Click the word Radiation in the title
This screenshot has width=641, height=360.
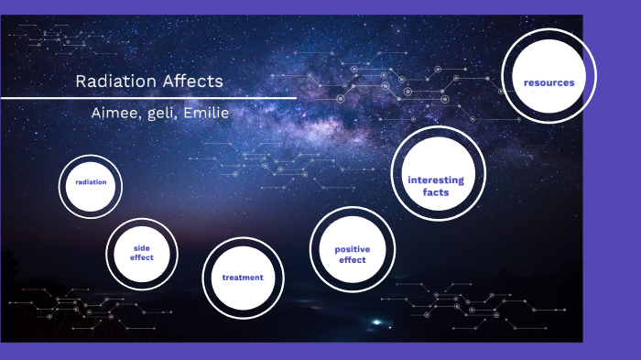point(114,82)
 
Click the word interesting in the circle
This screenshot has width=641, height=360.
point(436,180)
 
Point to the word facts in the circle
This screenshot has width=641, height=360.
point(436,192)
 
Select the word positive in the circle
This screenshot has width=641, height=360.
point(352,248)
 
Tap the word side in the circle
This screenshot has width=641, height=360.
point(141,247)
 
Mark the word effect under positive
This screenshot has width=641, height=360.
point(352,260)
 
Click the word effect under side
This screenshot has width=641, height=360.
point(141,257)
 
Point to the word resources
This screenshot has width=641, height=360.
point(549,82)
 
